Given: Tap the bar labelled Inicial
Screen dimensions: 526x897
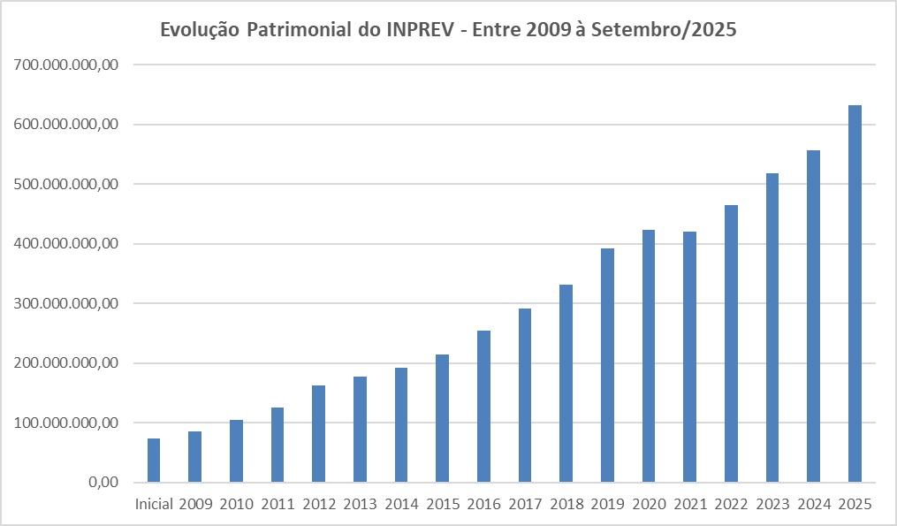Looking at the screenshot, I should click(x=154, y=460).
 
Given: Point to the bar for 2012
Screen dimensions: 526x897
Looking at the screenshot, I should click(x=318, y=433).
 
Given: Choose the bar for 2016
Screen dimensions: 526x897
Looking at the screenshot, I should click(x=483, y=406).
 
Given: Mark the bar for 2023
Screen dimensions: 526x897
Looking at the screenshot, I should click(x=772, y=327).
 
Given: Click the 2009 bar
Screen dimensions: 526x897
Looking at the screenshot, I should click(x=194, y=456).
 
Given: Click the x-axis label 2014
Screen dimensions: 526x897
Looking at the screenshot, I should click(x=401, y=505).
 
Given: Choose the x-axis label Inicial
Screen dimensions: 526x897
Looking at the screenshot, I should click(x=154, y=505).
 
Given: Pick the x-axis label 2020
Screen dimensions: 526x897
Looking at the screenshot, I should click(x=649, y=505).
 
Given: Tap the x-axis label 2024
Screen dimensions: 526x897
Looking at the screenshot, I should click(x=814, y=505).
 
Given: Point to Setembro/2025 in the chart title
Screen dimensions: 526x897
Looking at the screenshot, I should click(x=664, y=30).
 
